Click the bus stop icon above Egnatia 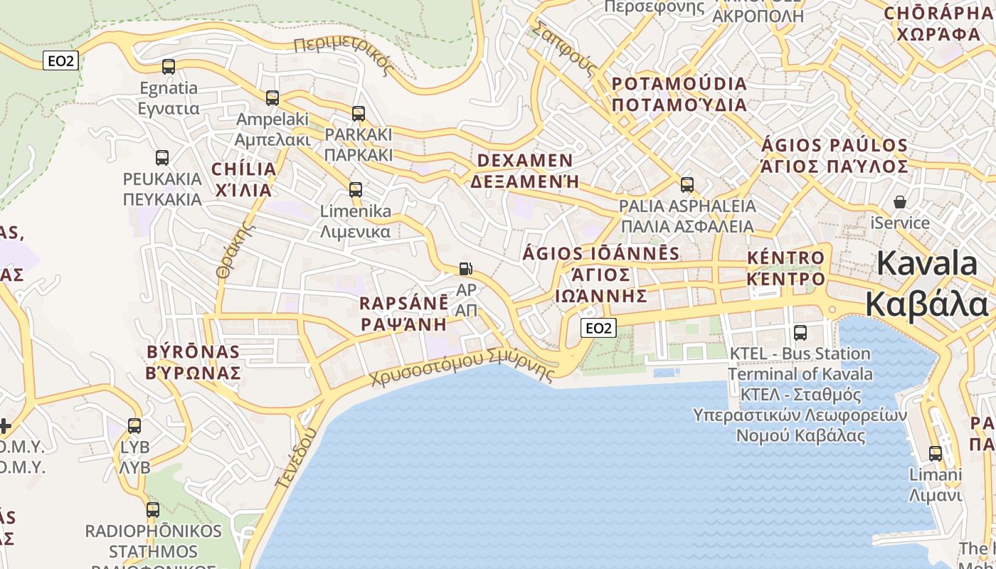(169, 67)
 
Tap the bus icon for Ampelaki (272, 98)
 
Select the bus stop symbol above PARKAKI (359, 114)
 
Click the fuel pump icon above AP (465, 269)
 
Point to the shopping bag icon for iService (900, 202)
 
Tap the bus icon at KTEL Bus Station (800, 333)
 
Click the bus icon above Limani (936, 454)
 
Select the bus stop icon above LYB (134, 426)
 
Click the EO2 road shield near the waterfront (598, 328)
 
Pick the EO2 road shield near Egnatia (60, 61)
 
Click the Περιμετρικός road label (343, 55)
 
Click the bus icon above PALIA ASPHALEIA (687, 185)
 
